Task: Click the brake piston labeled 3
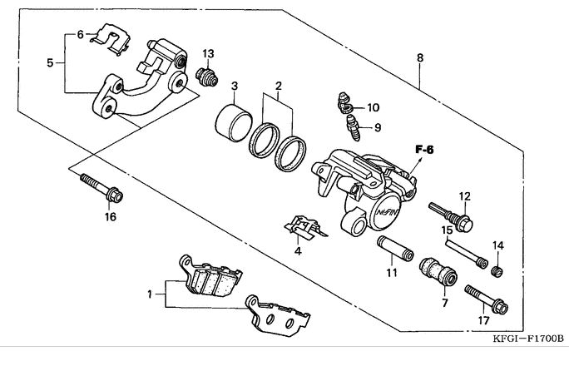click(234, 122)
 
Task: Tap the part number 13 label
click(208, 54)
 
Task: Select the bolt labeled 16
click(101, 187)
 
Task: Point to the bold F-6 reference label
click(424, 150)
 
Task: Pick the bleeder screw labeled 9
click(354, 127)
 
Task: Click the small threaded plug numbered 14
click(497, 271)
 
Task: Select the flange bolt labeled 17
click(487, 299)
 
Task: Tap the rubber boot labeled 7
click(438, 272)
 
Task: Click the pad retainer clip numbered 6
click(111, 39)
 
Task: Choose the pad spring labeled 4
click(305, 227)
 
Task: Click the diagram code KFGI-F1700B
click(528, 339)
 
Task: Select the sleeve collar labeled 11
click(395, 249)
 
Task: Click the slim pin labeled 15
click(466, 253)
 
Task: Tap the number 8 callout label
click(420, 57)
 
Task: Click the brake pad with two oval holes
click(278, 315)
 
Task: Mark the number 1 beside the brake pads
click(150, 294)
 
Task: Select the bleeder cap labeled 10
click(344, 103)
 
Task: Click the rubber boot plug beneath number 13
click(207, 77)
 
